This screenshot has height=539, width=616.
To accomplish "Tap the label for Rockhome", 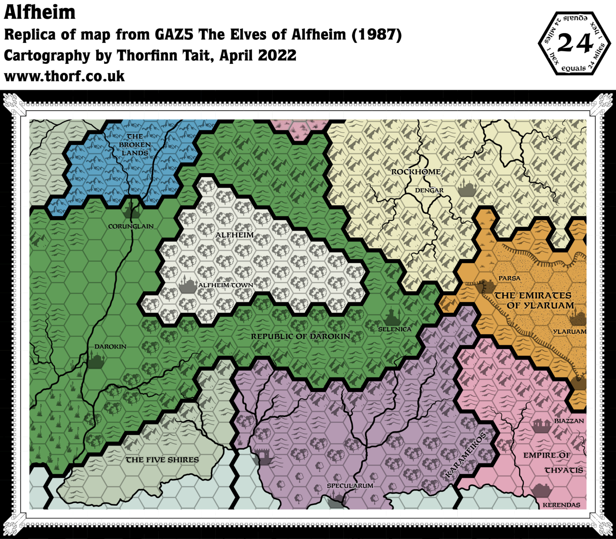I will click(416, 172).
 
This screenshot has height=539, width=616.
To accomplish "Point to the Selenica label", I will click(395, 329).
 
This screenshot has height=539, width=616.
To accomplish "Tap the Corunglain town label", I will click(131, 227).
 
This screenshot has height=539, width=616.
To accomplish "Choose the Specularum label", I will click(350, 486).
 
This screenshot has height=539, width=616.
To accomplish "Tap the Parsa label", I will click(509, 278).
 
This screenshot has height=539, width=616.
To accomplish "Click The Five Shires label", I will click(162, 460).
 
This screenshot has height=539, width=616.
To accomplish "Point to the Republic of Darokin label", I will click(300, 336).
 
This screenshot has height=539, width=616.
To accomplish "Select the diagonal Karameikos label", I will click(466, 455).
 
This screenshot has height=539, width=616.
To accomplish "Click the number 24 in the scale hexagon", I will click(575, 43).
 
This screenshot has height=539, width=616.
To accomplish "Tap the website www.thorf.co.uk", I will click(64, 76).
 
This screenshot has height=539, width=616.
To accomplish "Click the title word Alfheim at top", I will click(40, 13).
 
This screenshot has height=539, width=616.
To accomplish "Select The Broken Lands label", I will click(135, 144).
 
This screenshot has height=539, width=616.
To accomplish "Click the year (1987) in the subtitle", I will click(377, 35).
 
